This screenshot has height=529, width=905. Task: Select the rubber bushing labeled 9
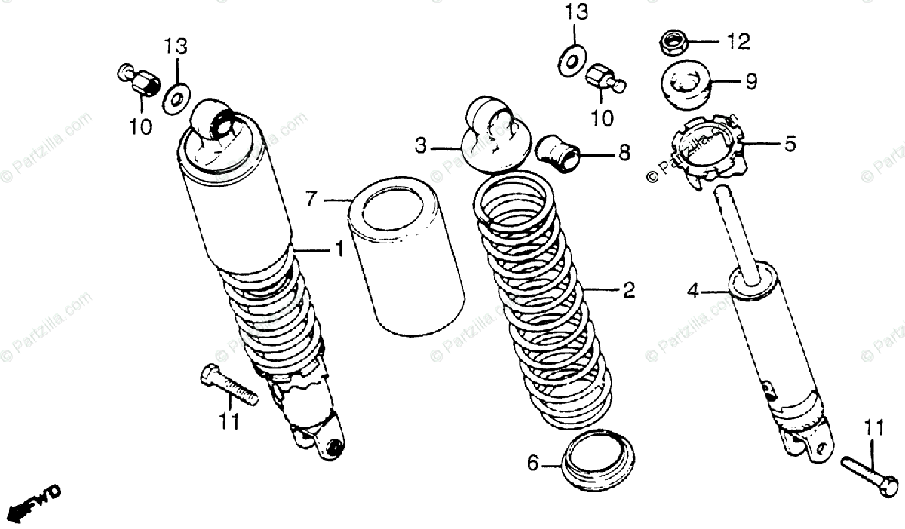[x=686, y=82]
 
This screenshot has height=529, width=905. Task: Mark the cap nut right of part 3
[x=604, y=79]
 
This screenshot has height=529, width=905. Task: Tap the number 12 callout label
[x=738, y=42]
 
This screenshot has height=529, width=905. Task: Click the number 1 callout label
[x=339, y=249]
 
